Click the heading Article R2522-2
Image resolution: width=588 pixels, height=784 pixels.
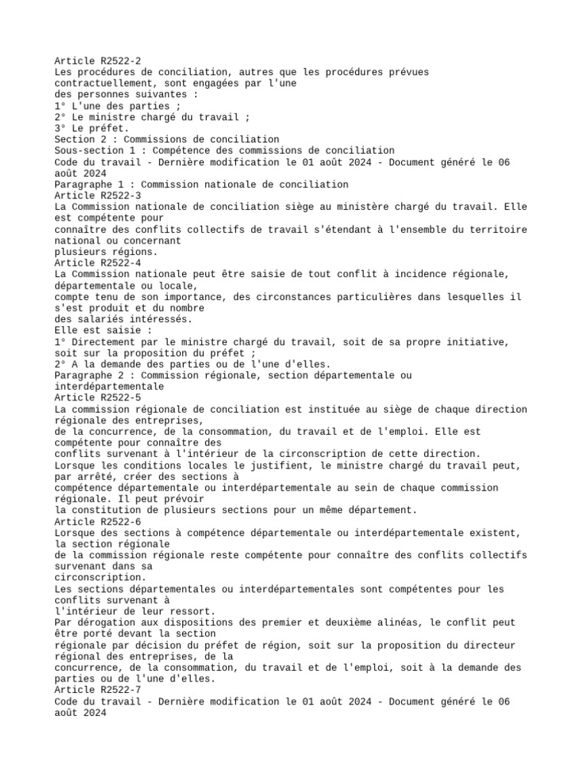click(97, 61)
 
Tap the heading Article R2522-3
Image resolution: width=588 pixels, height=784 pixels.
click(97, 195)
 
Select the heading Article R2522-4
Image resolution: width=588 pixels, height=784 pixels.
click(97, 263)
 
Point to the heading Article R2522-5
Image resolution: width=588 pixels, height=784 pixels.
click(97, 398)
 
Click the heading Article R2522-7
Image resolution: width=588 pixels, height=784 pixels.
click(97, 690)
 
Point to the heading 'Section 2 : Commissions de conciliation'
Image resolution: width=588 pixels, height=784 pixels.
click(166, 139)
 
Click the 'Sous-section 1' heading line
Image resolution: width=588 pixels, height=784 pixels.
click(224, 151)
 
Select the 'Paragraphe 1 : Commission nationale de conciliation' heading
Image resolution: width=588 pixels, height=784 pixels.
click(201, 185)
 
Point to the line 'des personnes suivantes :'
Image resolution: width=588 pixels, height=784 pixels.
click(126, 94)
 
